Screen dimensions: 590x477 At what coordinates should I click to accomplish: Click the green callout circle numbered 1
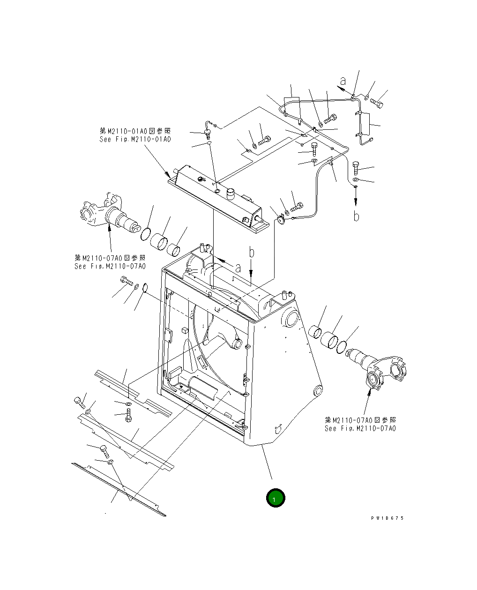tap(275, 498)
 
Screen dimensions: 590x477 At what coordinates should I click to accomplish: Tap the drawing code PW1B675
tap(387, 518)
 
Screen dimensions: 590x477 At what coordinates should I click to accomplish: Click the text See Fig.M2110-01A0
tap(135, 140)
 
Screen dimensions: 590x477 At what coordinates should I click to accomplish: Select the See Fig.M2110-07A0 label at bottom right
tap(360, 428)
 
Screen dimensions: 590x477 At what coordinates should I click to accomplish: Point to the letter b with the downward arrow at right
tap(356, 217)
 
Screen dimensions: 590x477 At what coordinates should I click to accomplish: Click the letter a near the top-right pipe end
tap(343, 81)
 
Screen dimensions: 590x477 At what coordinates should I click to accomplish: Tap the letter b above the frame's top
tap(252, 253)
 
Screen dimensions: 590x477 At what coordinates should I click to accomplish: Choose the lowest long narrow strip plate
tap(119, 490)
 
